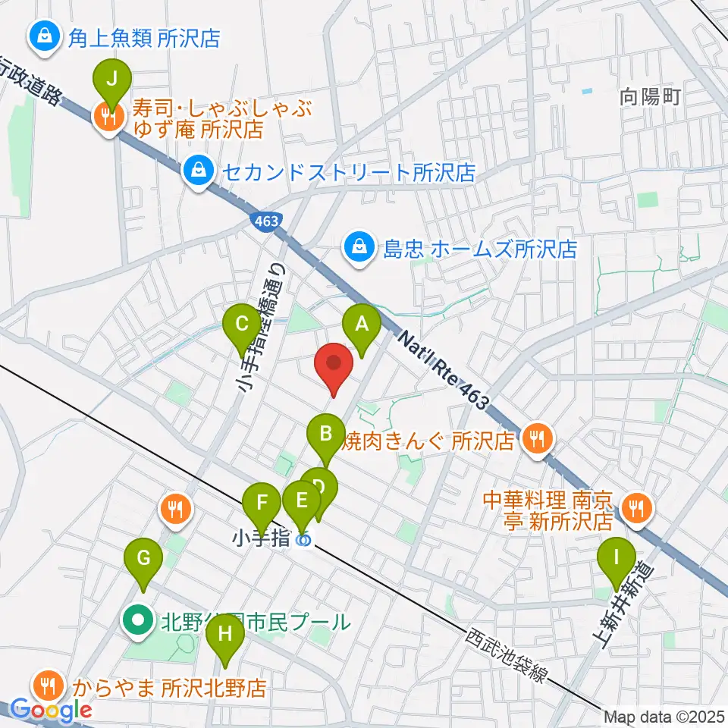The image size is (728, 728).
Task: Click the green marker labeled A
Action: click(x=362, y=325)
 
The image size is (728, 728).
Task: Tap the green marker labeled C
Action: click(x=242, y=325)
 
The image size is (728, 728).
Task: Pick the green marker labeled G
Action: click(x=143, y=560)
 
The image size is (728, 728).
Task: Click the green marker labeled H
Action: click(x=224, y=632)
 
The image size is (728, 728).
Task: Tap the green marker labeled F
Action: click(x=262, y=503)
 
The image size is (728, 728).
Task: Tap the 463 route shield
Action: click(x=265, y=220)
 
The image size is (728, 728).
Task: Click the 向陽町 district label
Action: click(x=651, y=96)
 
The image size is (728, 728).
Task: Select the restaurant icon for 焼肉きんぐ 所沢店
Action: click(x=538, y=437)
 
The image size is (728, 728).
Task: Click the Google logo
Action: click(x=52, y=711)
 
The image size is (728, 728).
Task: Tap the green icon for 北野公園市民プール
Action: click(x=138, y=622)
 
